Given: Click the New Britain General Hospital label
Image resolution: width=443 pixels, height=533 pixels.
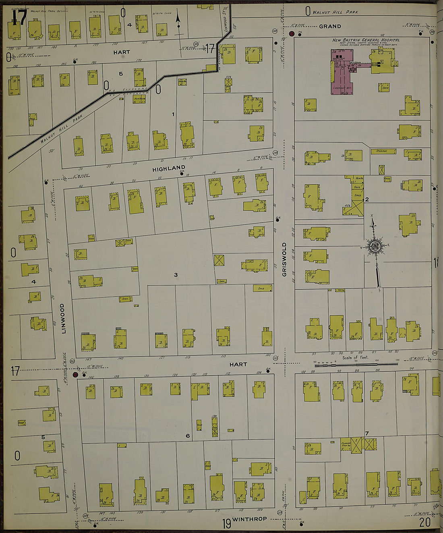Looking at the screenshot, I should coord(366,40).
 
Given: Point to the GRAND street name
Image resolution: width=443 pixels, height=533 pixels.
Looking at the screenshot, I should coord(330,26).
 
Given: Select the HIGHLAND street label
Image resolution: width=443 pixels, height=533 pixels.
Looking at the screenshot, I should coord(169,168).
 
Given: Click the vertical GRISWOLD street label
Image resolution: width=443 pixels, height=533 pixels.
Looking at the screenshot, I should coord(285,259).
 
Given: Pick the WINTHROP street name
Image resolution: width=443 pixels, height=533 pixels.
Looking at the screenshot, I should coord(249,519).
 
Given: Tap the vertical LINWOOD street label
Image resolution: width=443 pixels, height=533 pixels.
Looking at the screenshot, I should coord(63,318).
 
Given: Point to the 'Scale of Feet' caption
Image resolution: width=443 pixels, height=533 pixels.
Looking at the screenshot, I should coord(355,357).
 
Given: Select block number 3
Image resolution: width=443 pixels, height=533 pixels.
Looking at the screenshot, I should coord(176,275).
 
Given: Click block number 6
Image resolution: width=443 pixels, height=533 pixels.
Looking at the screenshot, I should coord(188,436).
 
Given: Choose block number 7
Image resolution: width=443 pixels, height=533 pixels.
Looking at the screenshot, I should coord(366,433).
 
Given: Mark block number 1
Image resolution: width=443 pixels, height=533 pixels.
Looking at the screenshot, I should coord(173,114).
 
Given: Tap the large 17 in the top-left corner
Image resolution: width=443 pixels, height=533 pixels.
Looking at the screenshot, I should coord(19,17).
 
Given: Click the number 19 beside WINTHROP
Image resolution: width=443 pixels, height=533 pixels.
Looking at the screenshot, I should coord(227,523).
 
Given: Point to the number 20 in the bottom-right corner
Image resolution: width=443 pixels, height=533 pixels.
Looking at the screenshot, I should coord(424,522).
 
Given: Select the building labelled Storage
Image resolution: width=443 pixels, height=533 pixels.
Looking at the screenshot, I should coord(383,151).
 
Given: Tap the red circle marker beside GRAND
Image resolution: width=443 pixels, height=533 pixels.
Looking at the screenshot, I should coord(292,33).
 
